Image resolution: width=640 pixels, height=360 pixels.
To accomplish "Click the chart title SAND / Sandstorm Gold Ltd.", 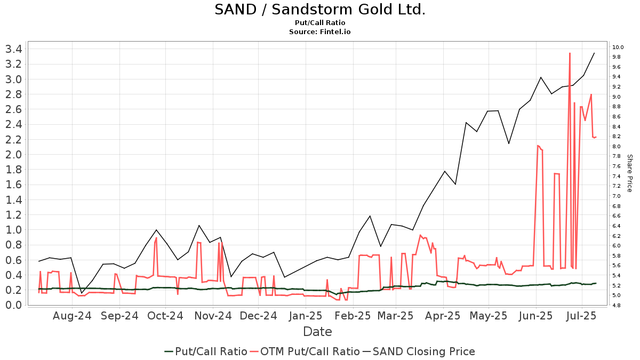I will pos(320,10).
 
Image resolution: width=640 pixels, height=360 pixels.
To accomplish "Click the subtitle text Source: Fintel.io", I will pos(320,32).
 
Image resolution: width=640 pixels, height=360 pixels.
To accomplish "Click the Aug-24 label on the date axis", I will pos(72,316).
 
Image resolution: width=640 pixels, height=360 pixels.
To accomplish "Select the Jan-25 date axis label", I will pos(306,316).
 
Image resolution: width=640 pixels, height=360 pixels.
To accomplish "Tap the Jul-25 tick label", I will pos(581,316).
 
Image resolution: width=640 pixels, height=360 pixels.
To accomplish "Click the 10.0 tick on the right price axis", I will pos(618,47).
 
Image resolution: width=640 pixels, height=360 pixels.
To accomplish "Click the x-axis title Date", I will pos(317,332).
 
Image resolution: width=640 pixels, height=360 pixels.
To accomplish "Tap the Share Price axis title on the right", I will pos(629,173).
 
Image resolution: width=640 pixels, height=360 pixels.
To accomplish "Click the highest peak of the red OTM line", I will pos(570,53).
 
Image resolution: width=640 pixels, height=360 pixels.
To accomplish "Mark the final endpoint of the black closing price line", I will pos(594,53).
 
